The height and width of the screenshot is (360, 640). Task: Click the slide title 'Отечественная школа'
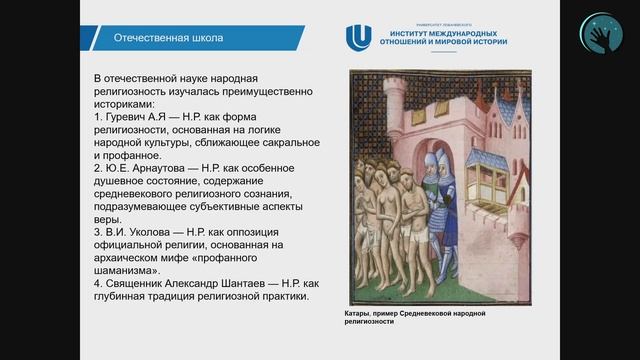pos(157,38)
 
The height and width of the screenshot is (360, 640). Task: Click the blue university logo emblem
pos(357,38)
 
